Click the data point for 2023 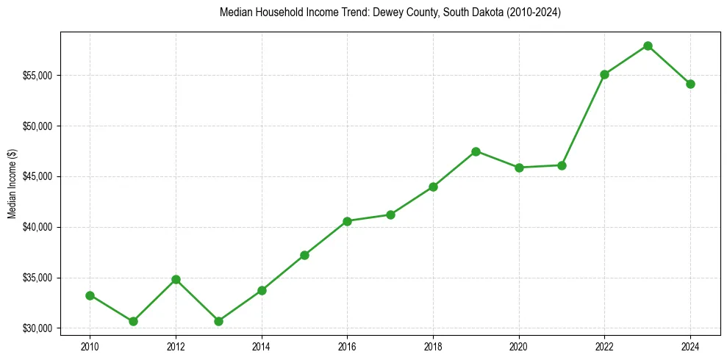tap(648, 46)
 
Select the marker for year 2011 tap(133, 321)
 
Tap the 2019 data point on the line tap(476, 151)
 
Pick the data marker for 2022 tap(604, 74)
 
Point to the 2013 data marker tap(218, 321)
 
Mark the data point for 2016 tap(347, 221)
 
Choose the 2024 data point tap(690, 84)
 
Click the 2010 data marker tap(90, 295)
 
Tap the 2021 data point tap(562, 165)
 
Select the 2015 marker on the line tap(304, 255)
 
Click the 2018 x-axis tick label tap(433, 345)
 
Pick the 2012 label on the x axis tap(176, 345)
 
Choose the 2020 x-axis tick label tap(519, 345)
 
